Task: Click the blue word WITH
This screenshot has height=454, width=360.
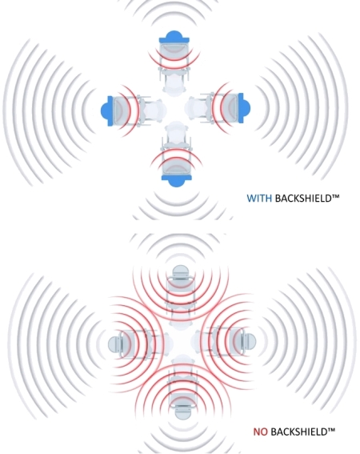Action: tap(259, 199)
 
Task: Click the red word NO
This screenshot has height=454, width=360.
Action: tap(261, 432)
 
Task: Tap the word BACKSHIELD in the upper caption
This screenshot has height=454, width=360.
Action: tap(302, 199)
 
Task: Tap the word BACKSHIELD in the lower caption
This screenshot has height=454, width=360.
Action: tap(299, 432)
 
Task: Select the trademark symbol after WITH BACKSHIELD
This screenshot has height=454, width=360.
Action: tap(335, 197)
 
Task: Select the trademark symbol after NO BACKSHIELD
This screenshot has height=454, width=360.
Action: tap(331, 430)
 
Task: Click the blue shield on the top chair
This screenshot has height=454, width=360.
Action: tap(174, 38)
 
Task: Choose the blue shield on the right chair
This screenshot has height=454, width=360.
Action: tap(244, 108)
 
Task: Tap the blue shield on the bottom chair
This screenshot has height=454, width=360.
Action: tap(176, 181)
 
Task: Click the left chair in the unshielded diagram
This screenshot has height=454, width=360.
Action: tap(132, 344)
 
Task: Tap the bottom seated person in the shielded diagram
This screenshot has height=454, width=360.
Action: tap(174, 132)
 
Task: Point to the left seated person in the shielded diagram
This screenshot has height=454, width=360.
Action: tap(155, 110)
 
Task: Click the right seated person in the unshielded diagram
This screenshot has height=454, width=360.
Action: tap(202, 341)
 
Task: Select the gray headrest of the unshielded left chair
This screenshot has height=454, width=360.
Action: tap(114, 344)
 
